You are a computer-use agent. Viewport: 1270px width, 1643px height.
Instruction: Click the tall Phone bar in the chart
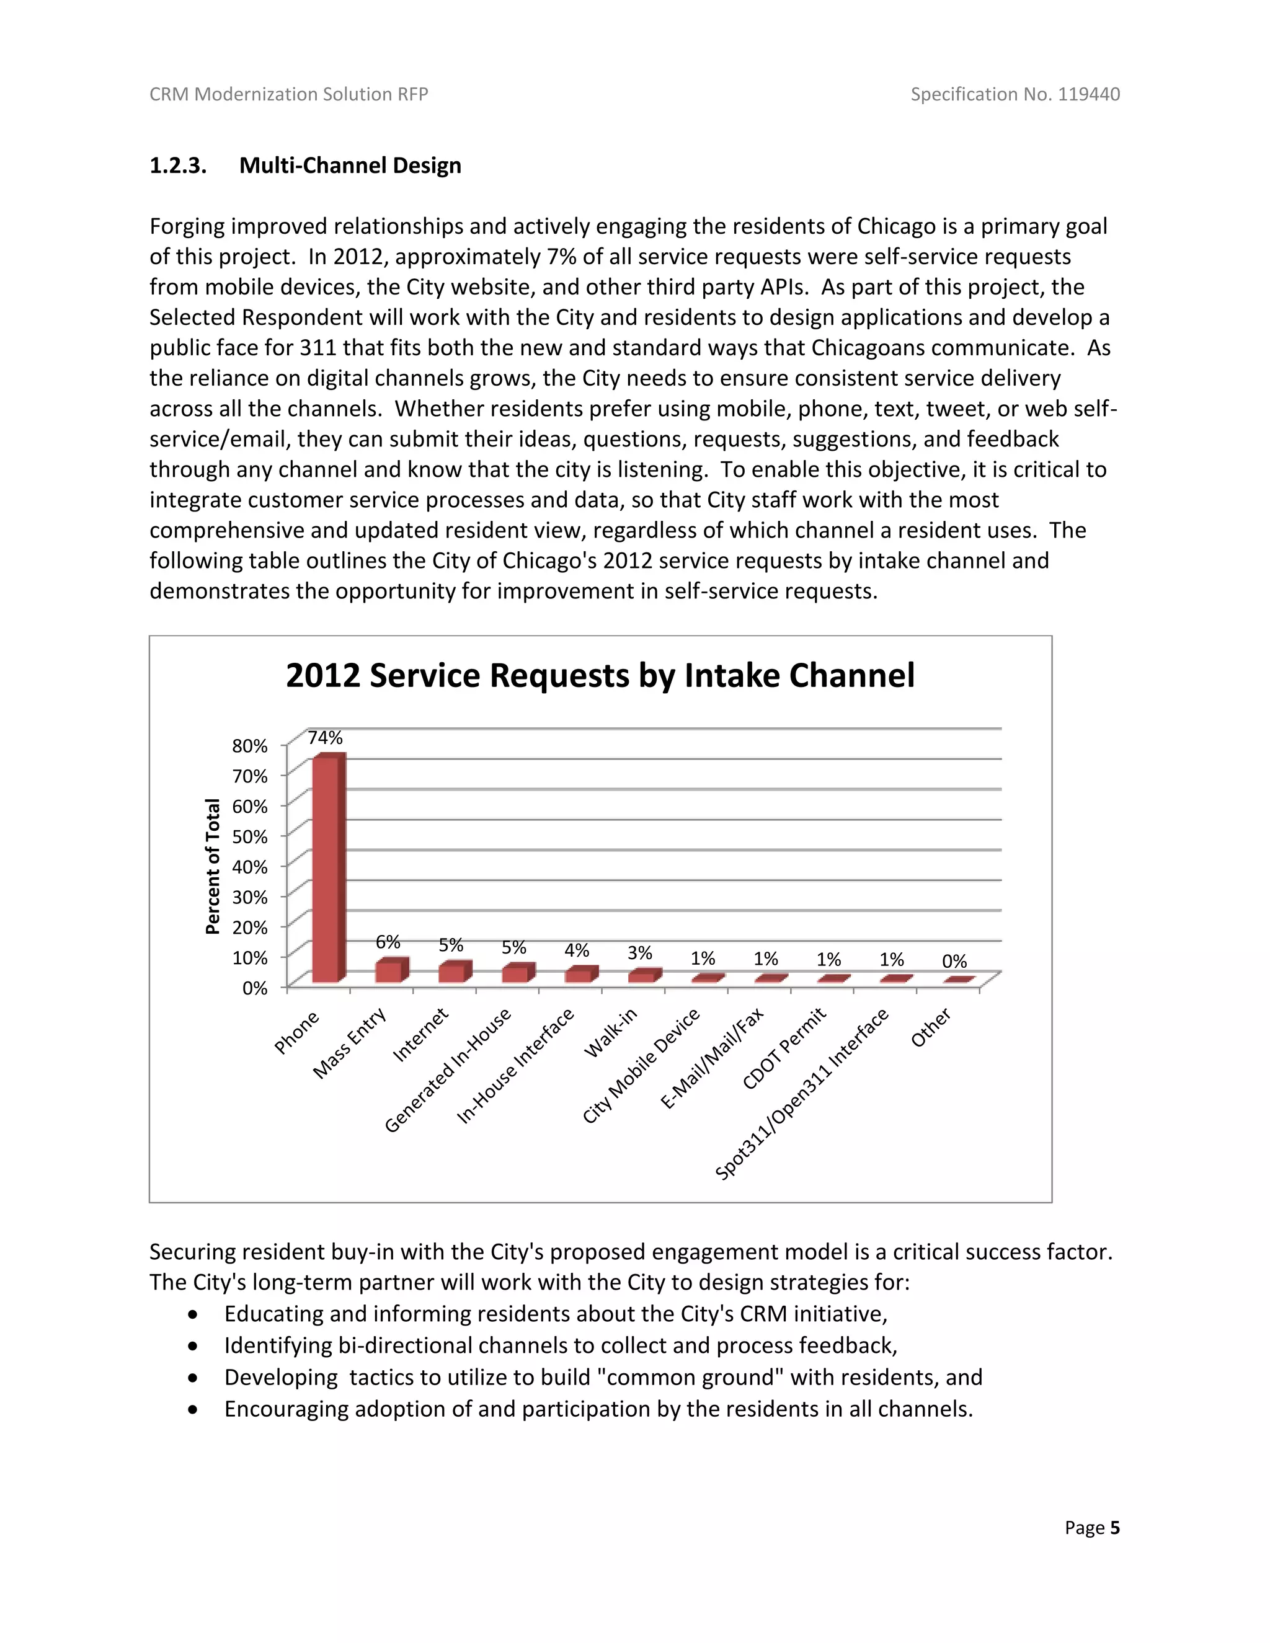329,869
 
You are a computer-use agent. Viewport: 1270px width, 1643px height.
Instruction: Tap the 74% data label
325,738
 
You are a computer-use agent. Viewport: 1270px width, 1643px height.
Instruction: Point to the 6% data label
388,942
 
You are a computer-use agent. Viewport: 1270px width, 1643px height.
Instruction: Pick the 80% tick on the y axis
250,745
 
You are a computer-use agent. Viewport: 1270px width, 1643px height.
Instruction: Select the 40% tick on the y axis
250,867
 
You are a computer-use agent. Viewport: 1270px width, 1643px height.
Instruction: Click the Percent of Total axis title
213,866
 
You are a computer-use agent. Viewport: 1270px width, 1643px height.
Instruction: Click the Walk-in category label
611,1032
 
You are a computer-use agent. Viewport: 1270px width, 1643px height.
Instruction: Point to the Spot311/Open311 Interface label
802,1094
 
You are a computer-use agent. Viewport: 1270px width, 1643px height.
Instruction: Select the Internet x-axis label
420,1035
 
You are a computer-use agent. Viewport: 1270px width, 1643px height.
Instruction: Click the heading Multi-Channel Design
350,166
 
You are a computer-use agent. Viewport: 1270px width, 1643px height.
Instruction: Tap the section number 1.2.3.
177,166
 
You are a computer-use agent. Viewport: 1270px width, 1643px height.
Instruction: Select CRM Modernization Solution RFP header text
289,94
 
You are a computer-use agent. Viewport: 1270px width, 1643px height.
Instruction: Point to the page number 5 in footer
1114,1527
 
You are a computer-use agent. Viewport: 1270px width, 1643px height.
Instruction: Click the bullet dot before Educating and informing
194,1314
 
